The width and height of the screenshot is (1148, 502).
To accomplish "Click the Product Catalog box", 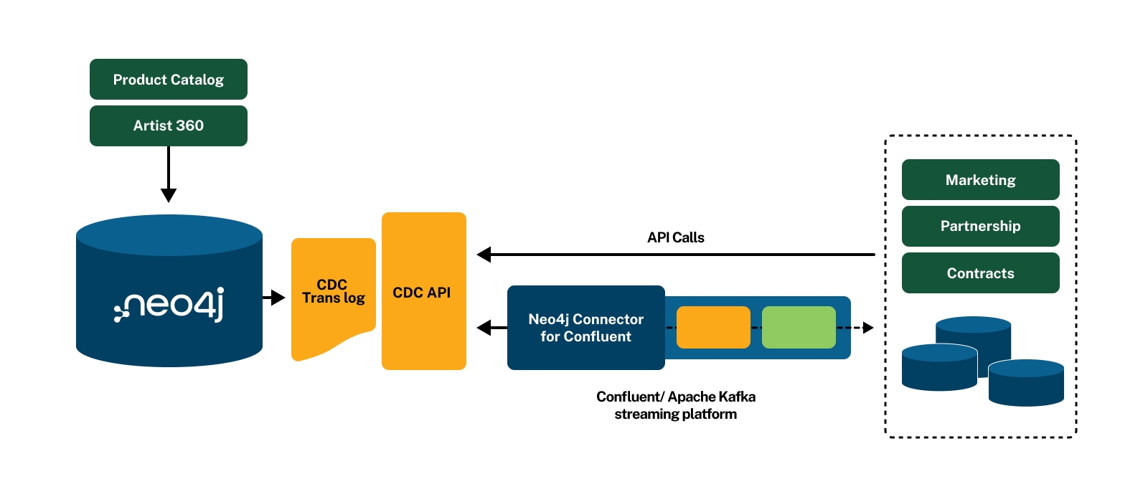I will click(x=169, y=80).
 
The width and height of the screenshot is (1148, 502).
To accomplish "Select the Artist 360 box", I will click(x=169, y=126).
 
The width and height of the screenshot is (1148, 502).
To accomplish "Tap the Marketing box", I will click(x=980, y=180).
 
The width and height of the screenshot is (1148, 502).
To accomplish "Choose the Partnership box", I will click(x=980, y=226).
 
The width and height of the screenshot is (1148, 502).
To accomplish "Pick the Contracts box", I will click(x=980, y=273).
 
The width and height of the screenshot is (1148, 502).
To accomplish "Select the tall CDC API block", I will click(x=423, y=292).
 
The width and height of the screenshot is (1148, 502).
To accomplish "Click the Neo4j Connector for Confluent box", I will click(x=585, y=328).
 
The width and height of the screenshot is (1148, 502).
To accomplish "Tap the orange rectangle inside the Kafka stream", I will click(x=713, y=328).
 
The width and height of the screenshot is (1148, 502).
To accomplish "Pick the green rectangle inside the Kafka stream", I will click(x=799, y=328).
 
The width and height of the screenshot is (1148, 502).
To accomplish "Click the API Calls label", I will click(x=675, y=237).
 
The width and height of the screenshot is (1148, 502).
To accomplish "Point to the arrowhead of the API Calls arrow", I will click(x=484, y=255).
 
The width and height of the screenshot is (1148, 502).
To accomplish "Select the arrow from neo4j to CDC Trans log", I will click(x=275, y=298).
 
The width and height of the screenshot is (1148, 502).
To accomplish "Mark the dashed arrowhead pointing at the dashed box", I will click(x=868, y=328).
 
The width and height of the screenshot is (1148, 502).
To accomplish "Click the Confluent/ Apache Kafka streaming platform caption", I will click(x=675, y=405).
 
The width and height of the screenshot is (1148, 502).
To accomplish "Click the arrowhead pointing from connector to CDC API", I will click(x=484, y=328).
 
